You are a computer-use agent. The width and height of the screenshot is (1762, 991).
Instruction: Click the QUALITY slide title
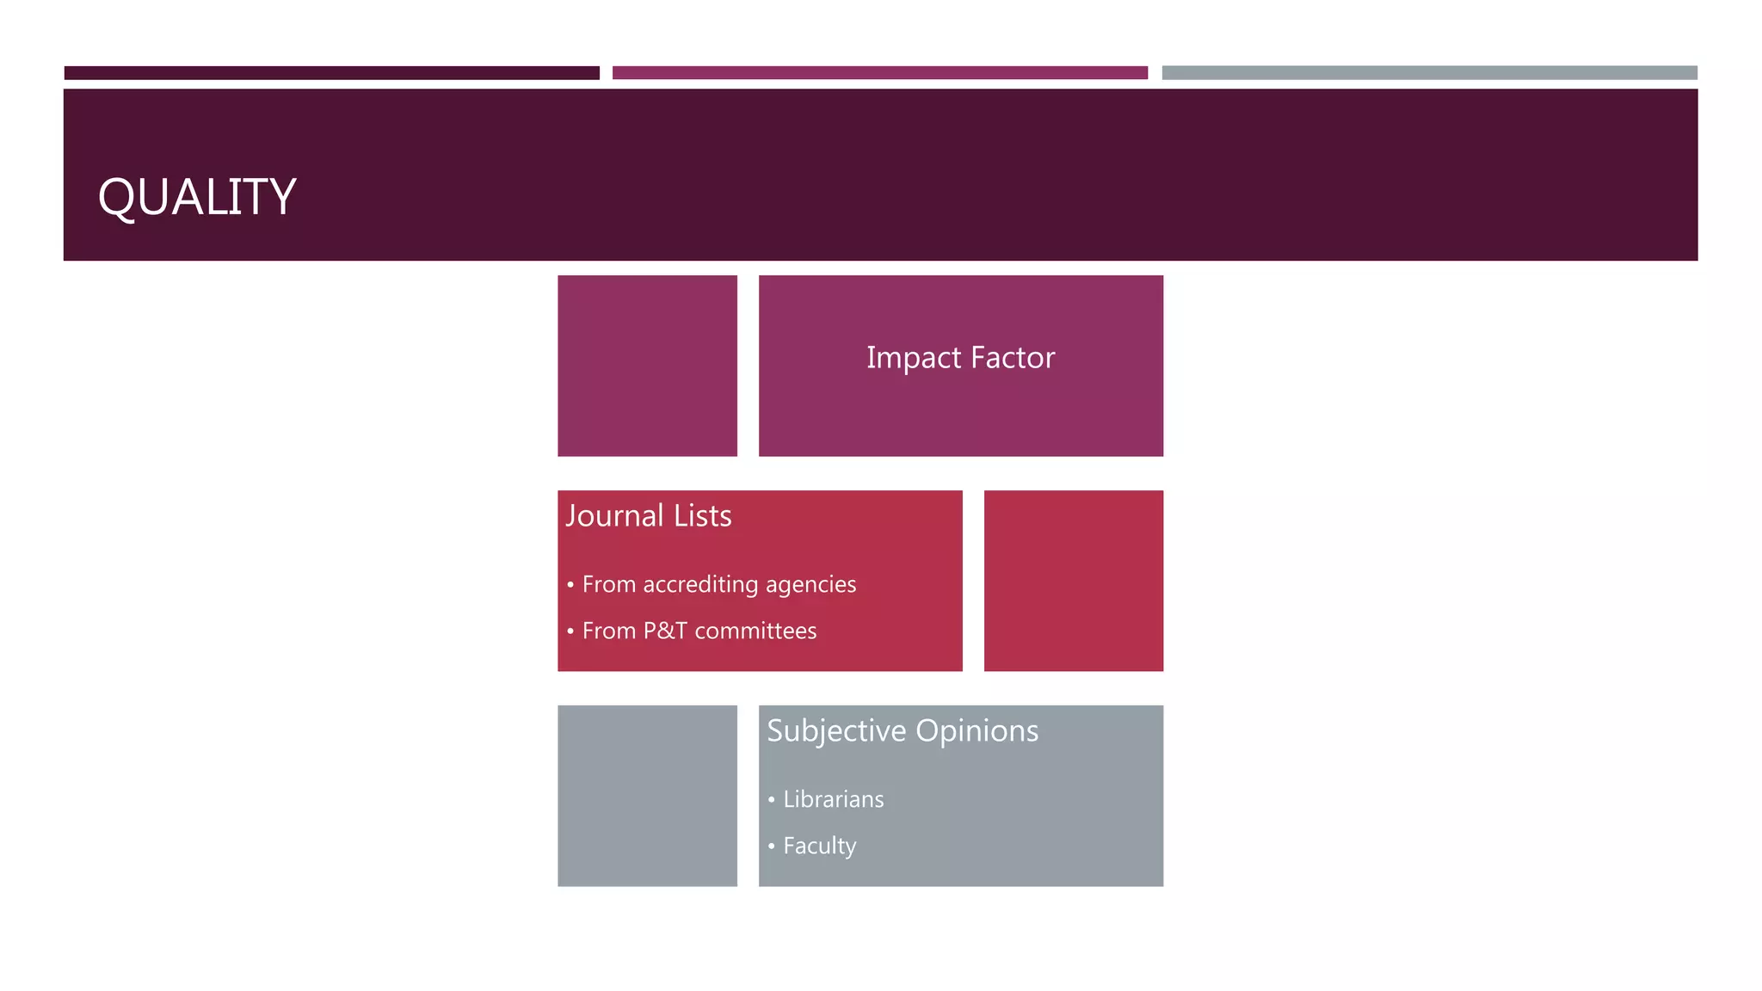tap(197, 197)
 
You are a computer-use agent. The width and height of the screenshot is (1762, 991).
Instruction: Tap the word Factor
tap(1013, 358)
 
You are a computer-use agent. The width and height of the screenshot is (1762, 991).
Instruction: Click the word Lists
tap(702, 516)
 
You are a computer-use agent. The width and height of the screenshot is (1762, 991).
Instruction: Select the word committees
tap(755, 631)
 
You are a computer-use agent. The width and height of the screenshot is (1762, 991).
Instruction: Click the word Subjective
tap(836, 731)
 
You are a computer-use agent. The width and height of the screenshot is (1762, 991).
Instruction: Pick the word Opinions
tap(976, 731)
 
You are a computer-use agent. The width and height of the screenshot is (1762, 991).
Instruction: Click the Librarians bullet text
tap(833, 800)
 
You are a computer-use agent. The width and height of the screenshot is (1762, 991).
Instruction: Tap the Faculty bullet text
tap(819, 846)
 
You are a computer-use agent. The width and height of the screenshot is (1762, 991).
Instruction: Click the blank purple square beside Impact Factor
tap(647, 366)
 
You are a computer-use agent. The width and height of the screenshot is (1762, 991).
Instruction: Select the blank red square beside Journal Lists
tap(1073, 581)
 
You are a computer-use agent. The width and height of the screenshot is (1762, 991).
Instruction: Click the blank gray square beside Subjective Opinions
tap(647, 796)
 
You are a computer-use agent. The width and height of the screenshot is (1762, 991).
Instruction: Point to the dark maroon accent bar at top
tap(331, 73)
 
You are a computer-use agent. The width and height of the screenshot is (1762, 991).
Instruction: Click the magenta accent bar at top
tap(879, 73)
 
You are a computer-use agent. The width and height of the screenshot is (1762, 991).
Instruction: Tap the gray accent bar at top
tap(1429, 73)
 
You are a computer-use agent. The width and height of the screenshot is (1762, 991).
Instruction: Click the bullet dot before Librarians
tap(771, 800)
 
